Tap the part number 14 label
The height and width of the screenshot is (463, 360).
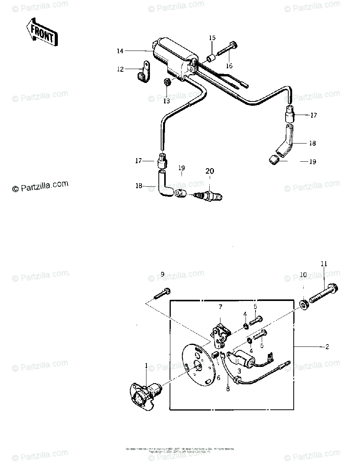pos(120,51)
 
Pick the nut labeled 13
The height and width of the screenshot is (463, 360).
pos(167,82)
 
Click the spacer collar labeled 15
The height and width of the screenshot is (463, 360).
pos(211,59)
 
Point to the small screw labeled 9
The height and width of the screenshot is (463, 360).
pos(163,293)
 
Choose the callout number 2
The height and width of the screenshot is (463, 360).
pos(327,347)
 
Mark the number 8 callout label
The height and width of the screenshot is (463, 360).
pos(228,389)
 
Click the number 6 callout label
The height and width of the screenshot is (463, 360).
pos(218,378)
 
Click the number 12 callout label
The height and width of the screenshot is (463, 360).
pos(120,69)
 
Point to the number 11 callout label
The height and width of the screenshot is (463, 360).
pos(323,264)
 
